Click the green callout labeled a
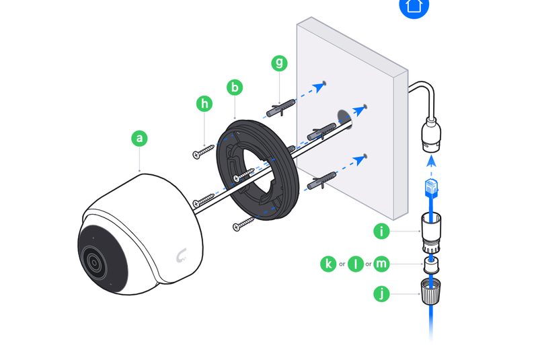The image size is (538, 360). pos(139,138)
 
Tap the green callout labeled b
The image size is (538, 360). pos(234,87)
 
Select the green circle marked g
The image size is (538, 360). pos(279,63)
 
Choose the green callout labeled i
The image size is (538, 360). pos(381,231)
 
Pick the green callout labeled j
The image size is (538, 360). pos(381,293)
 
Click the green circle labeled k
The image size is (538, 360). pos(328,264)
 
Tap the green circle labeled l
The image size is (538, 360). pos(354,264)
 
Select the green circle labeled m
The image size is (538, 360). pos(381,264)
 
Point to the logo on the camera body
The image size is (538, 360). pos(181,256)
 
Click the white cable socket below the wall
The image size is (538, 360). pos(431,135)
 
